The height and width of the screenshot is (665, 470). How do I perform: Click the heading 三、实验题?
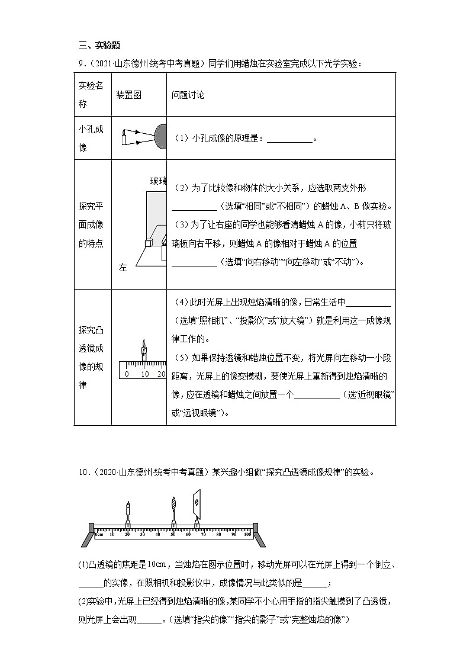(99, 46)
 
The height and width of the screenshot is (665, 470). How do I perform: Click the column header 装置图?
(128, 95)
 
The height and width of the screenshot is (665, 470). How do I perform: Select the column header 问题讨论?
(188, 95)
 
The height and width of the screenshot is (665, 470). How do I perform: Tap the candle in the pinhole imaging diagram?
(124, 139)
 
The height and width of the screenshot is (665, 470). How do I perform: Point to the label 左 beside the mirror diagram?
(123, 268)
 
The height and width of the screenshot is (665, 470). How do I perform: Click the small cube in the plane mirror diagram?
(149, 243)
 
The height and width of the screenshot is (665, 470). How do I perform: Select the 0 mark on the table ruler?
(127, 374)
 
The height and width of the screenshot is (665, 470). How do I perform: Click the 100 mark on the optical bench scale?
(247, 534)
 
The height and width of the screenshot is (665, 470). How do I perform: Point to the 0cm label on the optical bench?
(100, 534)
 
